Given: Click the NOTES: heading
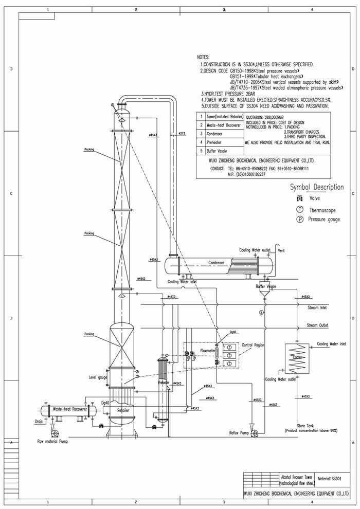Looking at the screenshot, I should click(203, 57).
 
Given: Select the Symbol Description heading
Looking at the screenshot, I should click(316, 187).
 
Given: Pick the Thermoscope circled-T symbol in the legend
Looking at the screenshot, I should click(299, 209).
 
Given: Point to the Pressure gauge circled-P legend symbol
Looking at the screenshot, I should click(299, 220).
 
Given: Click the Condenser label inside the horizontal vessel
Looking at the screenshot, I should click(216, 262).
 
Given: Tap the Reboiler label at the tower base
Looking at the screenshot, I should click(123, 410).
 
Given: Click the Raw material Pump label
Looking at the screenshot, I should click(52, 441).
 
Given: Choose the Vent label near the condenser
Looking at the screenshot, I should click(281, 250).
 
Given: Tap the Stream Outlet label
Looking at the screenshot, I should click(317, 325).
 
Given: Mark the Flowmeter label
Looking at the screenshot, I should click(207, 351).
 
